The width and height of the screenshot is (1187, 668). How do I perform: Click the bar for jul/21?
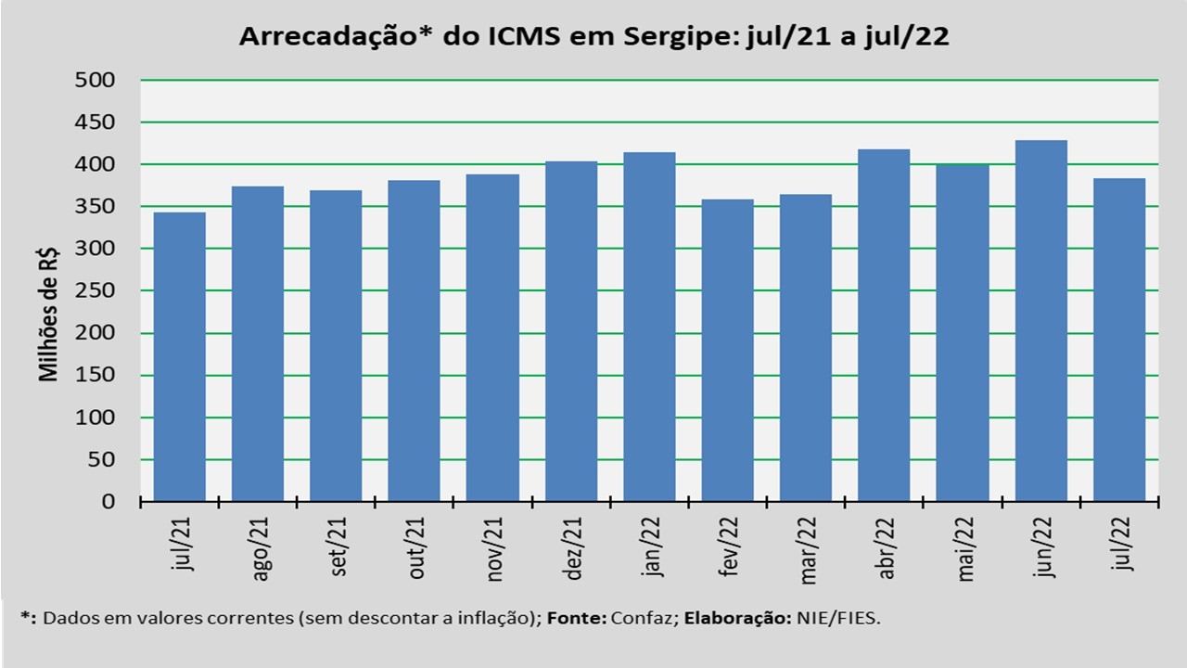pos(179,357)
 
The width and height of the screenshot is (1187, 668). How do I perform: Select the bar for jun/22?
pos(1040,321)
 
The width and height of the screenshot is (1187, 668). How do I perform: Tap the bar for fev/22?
pos(727,351)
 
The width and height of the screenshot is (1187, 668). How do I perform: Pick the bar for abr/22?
pos(884,325)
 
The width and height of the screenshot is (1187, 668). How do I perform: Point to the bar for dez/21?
pos(570,331)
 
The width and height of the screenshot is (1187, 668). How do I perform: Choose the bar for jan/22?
pos(649,327)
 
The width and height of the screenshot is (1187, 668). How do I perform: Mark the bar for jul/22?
pos(1119,340)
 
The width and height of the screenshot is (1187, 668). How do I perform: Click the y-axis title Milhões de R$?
pos(48,313)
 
